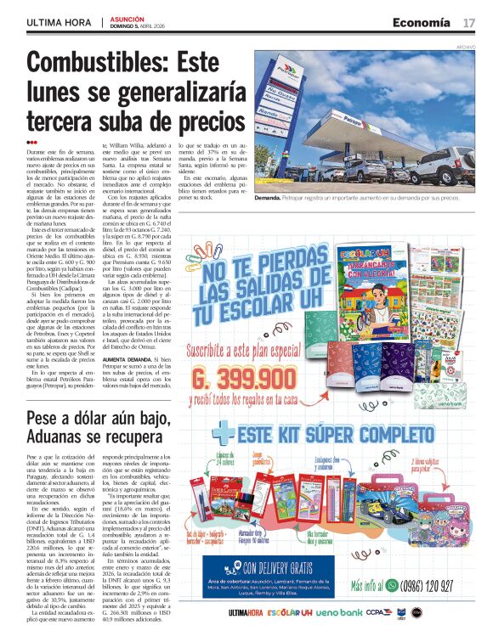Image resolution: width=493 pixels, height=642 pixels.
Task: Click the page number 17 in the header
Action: click(468, 22)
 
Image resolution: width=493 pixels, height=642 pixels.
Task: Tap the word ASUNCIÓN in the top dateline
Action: click(127, 17)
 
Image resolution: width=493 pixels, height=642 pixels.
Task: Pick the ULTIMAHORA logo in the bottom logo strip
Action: click(251, 612)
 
